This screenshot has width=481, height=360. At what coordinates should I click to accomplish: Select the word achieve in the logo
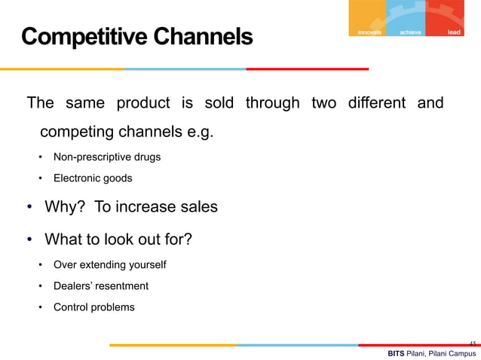click(412, 32)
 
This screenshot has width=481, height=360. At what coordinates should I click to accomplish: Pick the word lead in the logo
click(454, 32)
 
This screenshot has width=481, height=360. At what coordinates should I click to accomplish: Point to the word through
click(272, 102)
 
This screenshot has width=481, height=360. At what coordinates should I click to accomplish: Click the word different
click(376, 102)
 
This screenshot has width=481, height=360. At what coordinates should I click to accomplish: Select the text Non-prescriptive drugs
click(106, 157)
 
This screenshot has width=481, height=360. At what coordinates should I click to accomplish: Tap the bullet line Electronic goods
click(92, 178)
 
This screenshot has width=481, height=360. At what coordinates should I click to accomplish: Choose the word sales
click(197, 207)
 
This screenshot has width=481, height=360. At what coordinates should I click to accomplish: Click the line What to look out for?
click(118, 240)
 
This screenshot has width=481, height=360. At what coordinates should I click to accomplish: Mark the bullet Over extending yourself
click(109, 265)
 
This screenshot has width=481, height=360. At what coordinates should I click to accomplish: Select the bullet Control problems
click(93, 307)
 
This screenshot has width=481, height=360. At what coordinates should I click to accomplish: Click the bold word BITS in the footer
click(395, 353)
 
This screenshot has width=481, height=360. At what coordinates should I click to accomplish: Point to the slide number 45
click(472, 343)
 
